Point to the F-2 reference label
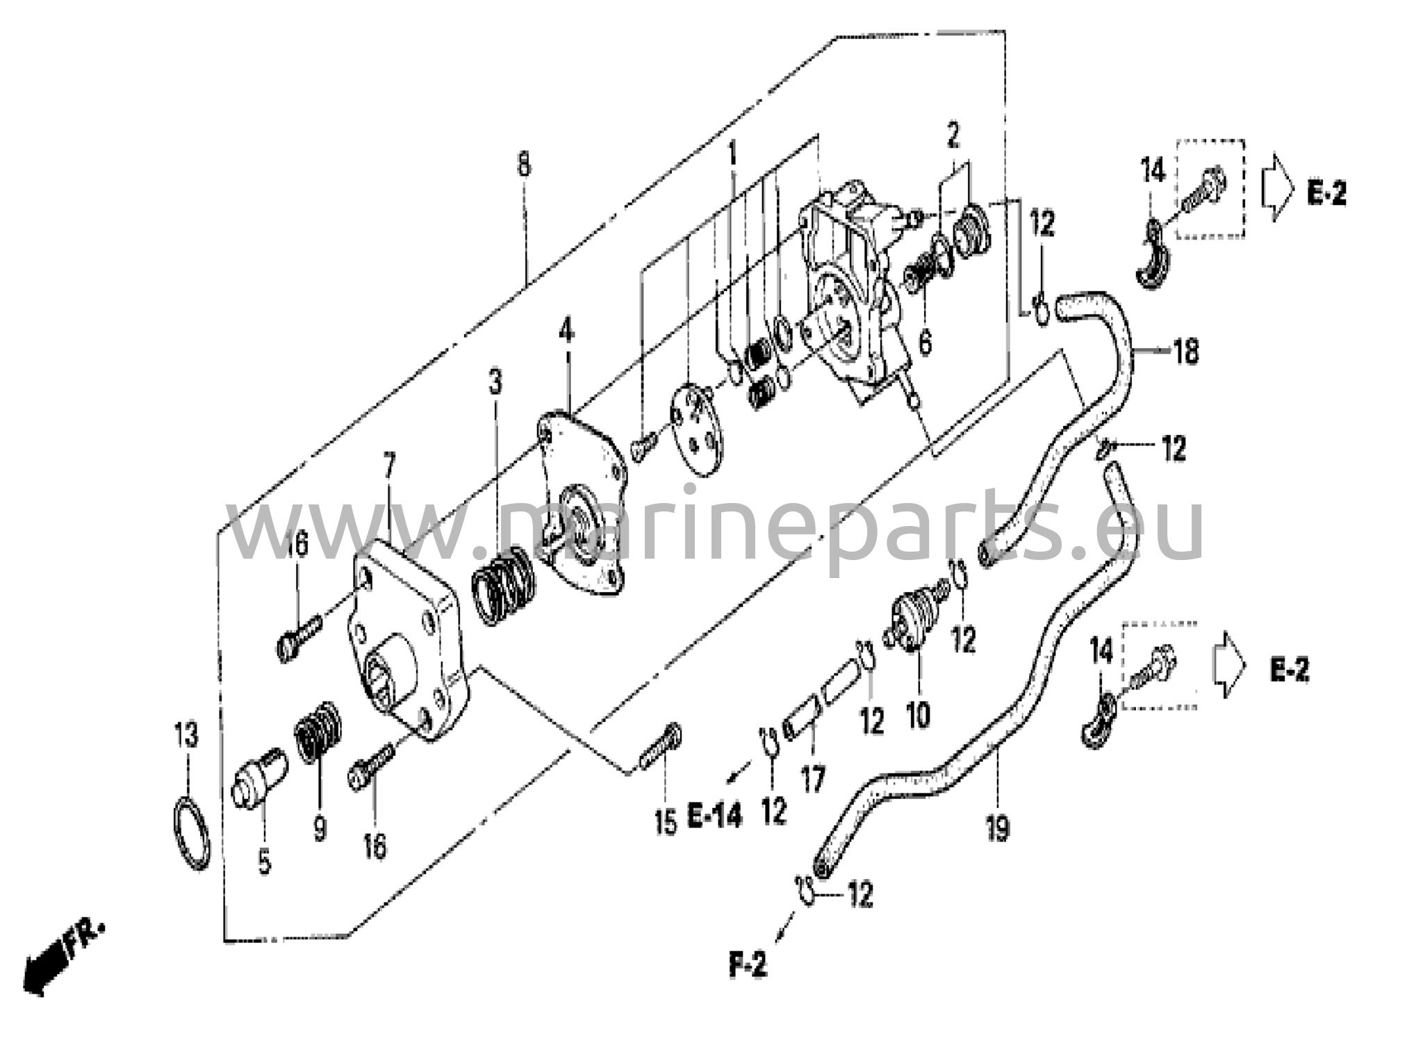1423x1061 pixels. point(748,967)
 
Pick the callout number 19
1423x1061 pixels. point(997,828)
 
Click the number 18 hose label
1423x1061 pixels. point(1187,352)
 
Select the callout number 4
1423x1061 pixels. point(566,331)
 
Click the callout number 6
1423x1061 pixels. point(925,342)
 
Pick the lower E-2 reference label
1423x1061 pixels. point(1290,671)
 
